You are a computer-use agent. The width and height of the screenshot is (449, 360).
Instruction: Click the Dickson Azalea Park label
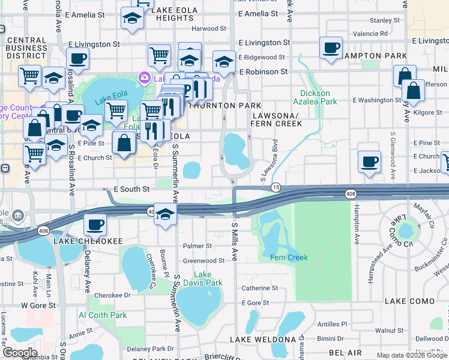pyautogui.click(x=315, y=98)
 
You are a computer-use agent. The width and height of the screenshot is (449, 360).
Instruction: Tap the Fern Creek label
pyautogui.click(x=289, y=258)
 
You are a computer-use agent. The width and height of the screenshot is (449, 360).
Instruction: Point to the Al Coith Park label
pyautogui.click(x=103, y=315)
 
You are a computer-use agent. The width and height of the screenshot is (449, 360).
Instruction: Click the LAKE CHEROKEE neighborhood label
pyautogui.click(x=88, y=241)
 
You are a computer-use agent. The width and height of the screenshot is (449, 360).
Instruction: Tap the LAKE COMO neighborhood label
pyautogui.click(x=409, y=301)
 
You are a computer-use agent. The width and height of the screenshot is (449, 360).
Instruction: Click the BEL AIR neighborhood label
pyautogui.click(x=345, y=353)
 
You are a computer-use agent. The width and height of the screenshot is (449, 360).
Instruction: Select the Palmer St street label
pyautogui.click(x=197, y=246)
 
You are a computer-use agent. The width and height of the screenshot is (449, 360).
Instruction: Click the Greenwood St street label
pyautogui.click(x=203, y=261)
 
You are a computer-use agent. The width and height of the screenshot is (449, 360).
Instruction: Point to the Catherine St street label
pyautogui.click(x=259, y=288)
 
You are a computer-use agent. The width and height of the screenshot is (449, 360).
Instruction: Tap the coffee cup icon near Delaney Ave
pyautogui.click(x=95, y=225)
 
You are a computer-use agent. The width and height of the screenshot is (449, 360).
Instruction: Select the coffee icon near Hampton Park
pyautogui.click(x=331, y=47)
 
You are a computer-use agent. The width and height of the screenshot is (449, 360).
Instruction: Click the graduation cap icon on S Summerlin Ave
pyautogui.click(x=164, y=214)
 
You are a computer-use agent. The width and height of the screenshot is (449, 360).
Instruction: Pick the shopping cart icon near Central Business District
pyautogui.click(x=29, y=76)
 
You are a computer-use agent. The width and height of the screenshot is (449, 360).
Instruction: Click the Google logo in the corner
pyautogui.click(x=20, y=353)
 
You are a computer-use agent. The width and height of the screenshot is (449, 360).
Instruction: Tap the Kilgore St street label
pyautogui.click(x=427, y=112)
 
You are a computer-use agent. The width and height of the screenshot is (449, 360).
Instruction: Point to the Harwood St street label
pyautogui.click(x=208, y=28)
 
